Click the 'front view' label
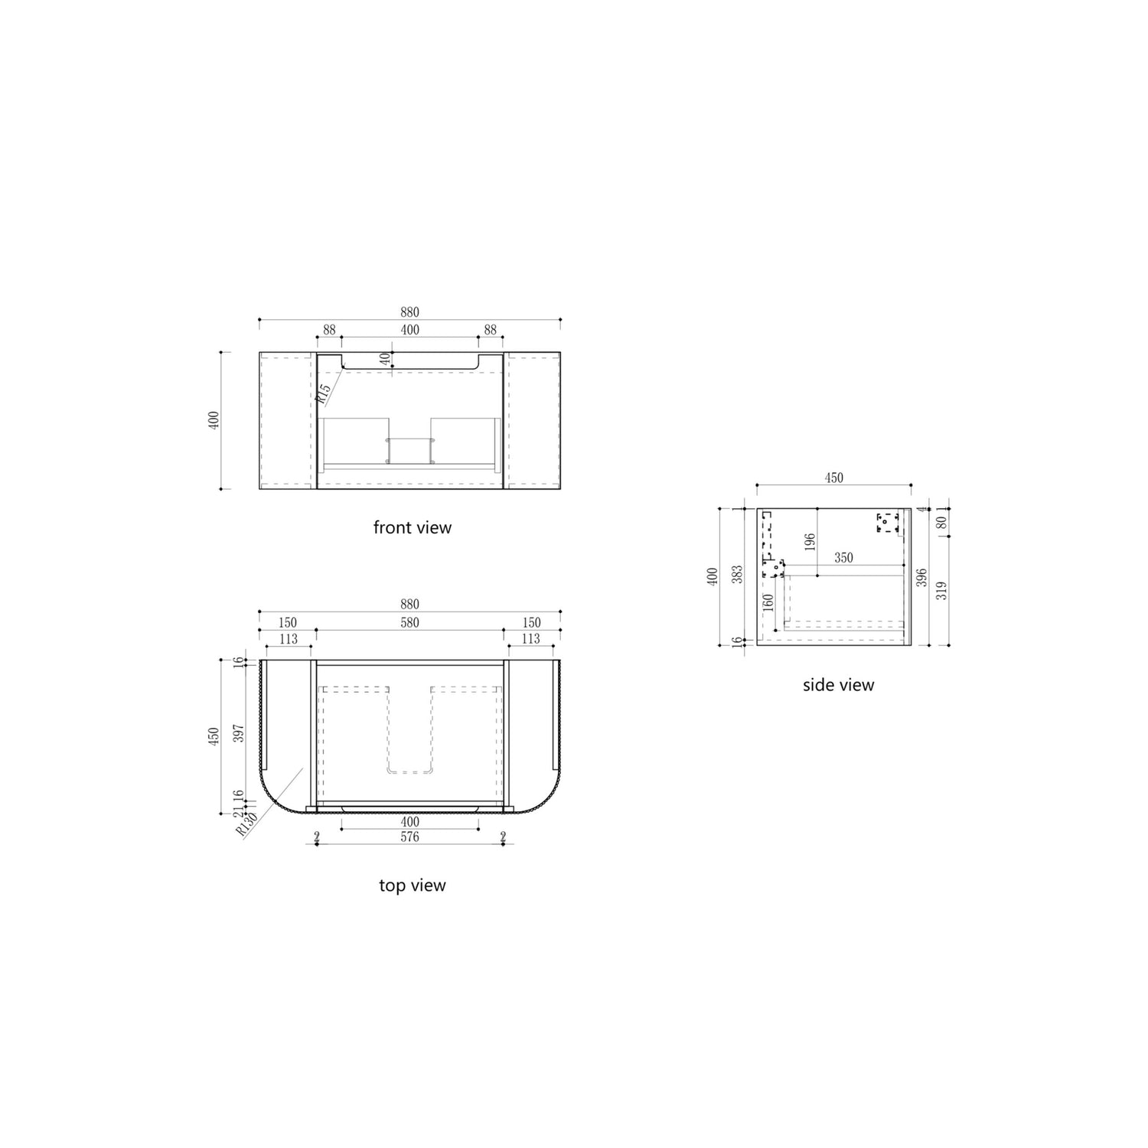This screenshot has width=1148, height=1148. click(x=413, y=527)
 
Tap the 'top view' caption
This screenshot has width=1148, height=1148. click(x=413, y=885)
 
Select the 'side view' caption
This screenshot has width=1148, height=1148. click(x=838, y=685)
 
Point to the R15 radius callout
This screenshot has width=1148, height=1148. click(x=324, y=393)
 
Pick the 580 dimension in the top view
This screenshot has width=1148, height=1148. click(x=409, y=623)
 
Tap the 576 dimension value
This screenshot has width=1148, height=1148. click(x=409, y=837)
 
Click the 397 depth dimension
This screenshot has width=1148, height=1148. click(x=238, y=732)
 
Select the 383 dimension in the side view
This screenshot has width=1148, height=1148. click(x=737, y=576)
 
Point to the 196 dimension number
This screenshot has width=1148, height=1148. click(x=810, y=542)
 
